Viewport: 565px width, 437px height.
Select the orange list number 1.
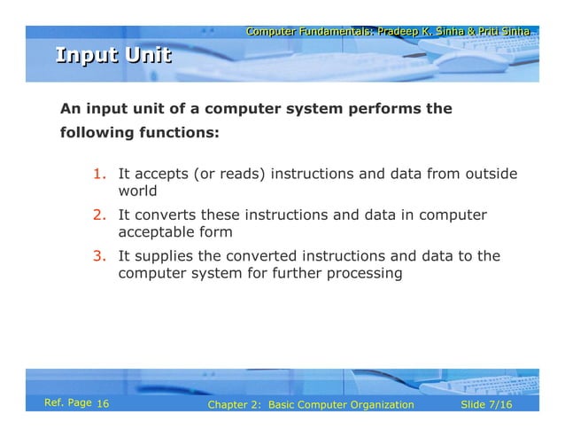pyautogui.click(x=100, y=174)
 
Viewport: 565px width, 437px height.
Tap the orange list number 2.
pyautogui.click(x=100, y=215)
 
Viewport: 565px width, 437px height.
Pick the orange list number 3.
pyautogui.click(x=100, y=257)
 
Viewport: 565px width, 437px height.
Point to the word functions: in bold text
pyautogui.click(x=175, y=135)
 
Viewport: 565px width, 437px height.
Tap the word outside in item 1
pyautogui.click(x=491, y=174)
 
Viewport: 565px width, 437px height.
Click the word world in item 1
pyautogui.click(x=137, y=191)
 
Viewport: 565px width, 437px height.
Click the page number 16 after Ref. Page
pyautogui.click(x=102, y=405)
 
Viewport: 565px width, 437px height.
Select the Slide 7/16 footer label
pyautogui.click(x=487, y=405)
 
